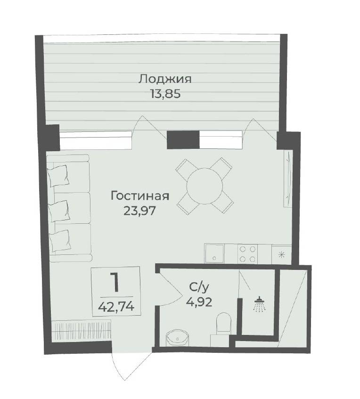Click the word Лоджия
click(164, 80)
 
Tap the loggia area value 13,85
click(165, 94)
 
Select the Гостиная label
click(140, 196)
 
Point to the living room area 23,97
click(139, 211)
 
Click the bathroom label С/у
click(199, 288)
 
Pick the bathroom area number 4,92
click(199, 302)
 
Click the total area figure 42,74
click(116, 307)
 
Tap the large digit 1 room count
click(115, 282)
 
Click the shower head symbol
click(259, 304)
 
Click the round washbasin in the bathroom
click(177, 337)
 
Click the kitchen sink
click(214, 253)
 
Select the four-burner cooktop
click(247, 254)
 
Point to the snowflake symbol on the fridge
click(281, 254)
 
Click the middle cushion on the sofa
click(59, 211)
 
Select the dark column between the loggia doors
click(183, 139)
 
